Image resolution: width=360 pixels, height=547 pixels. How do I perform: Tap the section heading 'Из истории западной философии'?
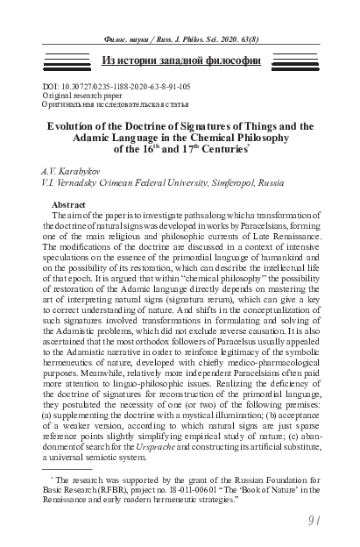(x=180, y=60)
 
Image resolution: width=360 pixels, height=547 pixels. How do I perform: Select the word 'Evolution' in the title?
(x=74, y=125)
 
